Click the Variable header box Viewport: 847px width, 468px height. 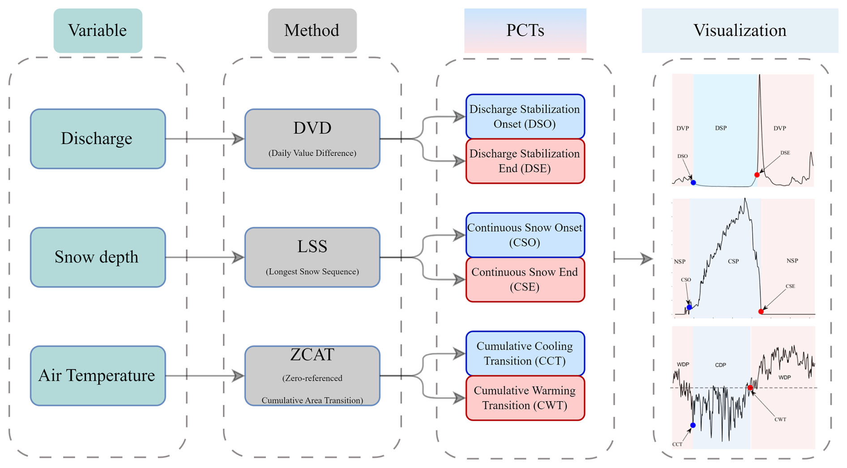98,30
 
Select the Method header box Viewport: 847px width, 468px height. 312,30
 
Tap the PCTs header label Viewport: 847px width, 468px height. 525,30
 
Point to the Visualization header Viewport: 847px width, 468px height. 740,30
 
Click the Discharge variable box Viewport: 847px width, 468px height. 98,139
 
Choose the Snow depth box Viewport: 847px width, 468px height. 98,257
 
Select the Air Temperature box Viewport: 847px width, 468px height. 98,376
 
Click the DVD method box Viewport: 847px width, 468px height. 312,139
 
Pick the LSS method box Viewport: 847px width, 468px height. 312,257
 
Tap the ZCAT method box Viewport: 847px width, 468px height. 312,376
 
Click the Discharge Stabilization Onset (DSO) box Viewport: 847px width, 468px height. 525,116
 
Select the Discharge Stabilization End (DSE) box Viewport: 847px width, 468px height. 525,161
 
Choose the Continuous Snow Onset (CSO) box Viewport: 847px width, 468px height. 525,235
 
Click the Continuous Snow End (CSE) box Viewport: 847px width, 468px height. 525,279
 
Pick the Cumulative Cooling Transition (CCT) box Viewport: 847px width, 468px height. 525,353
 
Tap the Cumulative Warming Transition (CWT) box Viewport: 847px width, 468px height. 525,398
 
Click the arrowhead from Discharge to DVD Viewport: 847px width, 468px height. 238,139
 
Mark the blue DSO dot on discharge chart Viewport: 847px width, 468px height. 693,183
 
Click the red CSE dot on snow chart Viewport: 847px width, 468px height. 761,312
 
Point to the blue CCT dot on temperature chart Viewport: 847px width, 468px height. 693,425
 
